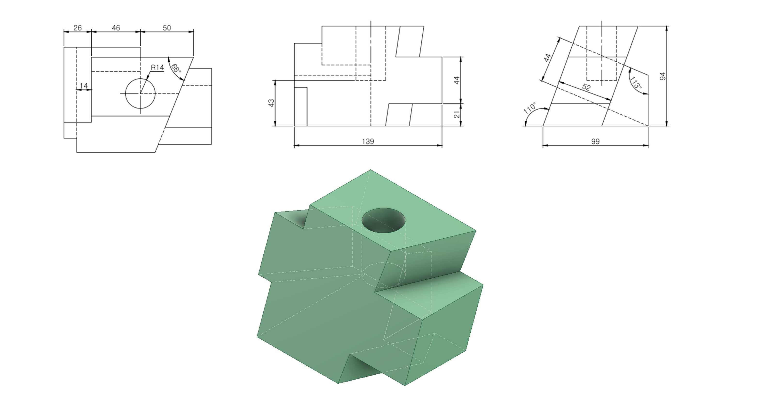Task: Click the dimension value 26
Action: (78, 28)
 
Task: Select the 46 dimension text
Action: (116, 28)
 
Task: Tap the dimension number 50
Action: (167, 28)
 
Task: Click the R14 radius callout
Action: (157, 68)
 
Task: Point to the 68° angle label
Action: (176, 68)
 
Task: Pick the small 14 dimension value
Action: (84, 86)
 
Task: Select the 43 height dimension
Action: (272, 103)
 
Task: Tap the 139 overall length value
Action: (368, 142)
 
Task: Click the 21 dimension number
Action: (457, 115)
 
